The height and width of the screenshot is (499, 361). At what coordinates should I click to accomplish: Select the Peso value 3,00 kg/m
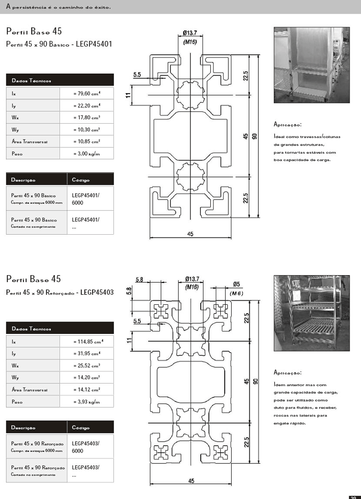(87, 154)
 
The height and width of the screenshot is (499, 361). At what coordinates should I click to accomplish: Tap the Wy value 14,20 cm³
(87, 378)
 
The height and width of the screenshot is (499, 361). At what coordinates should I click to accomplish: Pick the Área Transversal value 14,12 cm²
(87, 389)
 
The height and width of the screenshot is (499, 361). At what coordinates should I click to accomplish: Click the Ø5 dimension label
(237, 284)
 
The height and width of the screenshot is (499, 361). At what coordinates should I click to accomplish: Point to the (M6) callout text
(236, 293)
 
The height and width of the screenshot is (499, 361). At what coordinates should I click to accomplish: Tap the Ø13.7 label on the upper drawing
(190, 33)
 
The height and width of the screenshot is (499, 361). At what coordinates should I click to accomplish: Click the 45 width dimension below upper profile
(190, 234)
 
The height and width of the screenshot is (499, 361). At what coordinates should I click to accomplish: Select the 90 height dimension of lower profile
(255, 381)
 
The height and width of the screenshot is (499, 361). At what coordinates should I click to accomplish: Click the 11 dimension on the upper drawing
(129, 95)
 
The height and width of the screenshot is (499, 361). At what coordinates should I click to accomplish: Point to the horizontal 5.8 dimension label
(139, 280)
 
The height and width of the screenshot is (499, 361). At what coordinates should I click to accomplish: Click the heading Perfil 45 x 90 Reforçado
(60, 292)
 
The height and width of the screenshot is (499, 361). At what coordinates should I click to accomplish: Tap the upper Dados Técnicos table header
(60, 80)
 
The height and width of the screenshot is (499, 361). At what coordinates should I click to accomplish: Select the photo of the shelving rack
(312, 313)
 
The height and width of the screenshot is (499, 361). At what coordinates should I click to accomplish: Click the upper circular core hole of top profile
(190, 95)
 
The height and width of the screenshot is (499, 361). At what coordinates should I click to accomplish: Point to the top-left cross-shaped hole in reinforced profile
(162, 311)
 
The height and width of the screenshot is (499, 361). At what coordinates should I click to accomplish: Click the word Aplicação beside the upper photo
(287, 125)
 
